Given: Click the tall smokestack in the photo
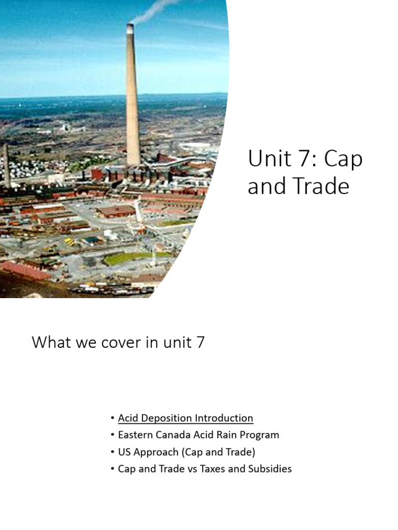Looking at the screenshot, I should (x=133, y=93).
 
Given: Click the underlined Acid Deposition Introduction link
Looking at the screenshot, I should (x=185, y=418).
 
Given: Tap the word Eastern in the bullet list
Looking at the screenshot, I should (x=136, y=435).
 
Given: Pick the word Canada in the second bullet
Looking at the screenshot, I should (x=173, y=435).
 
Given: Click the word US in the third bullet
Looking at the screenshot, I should (x=124, y=452).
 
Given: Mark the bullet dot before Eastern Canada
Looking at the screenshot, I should (x=112, y=435).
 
